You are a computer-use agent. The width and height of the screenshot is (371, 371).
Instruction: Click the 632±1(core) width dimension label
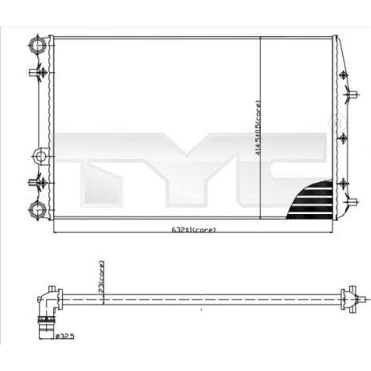(194, 230)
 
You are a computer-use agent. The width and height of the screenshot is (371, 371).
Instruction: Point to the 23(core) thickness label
(102, 275)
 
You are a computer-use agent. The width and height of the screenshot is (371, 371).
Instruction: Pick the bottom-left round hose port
(37, 209)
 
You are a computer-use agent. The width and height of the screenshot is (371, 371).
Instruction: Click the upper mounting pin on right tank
(352, 96)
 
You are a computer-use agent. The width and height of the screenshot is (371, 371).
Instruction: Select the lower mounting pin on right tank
(352, 202)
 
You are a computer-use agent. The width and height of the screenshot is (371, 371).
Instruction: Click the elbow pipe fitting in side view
(47, 301)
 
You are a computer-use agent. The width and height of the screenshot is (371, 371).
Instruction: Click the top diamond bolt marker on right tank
(343, 75)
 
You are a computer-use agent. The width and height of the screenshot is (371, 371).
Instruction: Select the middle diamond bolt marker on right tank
(343, 138)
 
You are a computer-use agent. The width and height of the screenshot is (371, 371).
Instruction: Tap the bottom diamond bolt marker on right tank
(343, 184)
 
